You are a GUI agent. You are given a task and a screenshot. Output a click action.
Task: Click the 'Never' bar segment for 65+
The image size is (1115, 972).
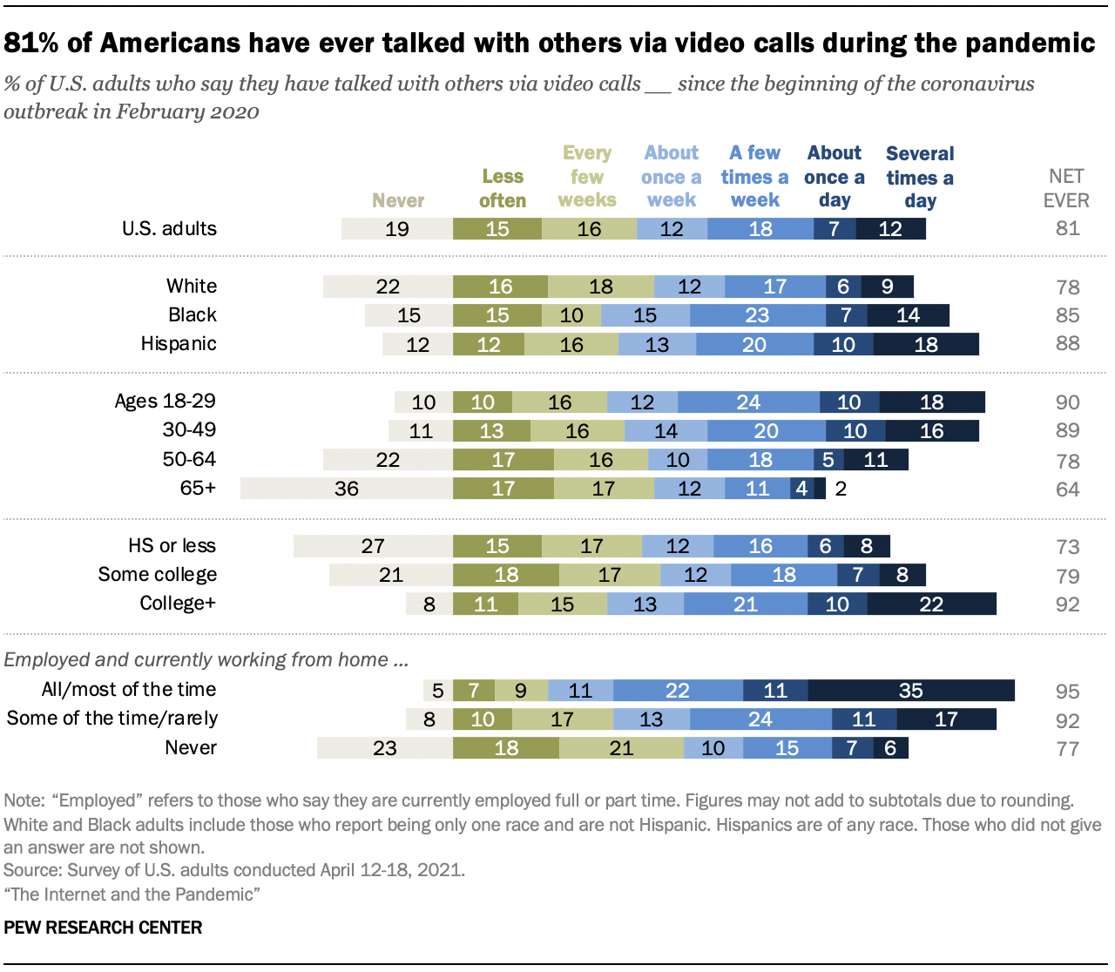[x=346, y=489]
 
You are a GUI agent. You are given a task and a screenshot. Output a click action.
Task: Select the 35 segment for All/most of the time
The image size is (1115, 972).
[x=911, y=691]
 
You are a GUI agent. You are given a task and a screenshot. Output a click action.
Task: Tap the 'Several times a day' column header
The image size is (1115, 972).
[x=920, y=177]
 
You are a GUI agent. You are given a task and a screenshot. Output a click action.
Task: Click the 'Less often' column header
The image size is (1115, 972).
[x=503, y=188]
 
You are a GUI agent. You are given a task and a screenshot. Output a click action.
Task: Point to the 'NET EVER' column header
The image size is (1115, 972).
[x=1066, y=188]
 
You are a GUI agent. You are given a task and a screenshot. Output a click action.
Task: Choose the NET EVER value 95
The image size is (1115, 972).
[x=1067, y=692]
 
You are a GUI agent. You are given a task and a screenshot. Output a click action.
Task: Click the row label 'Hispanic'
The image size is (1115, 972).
[x=179, y=344]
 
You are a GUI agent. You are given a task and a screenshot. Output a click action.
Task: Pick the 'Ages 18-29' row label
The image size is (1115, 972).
[x=166, y=402]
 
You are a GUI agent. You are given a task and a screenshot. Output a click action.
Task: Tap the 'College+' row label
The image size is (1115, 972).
[x=178, y=604]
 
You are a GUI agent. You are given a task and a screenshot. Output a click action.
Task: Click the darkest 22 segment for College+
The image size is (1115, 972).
[x=931, y=604]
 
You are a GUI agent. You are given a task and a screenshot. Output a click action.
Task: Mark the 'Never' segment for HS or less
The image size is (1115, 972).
[x=373, y=546]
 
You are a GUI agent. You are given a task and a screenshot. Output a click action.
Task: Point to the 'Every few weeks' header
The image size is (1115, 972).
[x=587, y=177]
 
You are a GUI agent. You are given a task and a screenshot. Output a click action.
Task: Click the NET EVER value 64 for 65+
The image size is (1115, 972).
[x=1067, y=489]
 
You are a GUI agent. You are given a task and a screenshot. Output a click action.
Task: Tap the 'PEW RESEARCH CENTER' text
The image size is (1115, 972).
[x=103, y=928]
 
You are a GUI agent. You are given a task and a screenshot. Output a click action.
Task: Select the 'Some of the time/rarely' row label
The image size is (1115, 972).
[x=112, y=719]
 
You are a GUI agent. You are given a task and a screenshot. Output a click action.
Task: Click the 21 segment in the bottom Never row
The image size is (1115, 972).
[x=621, y=748]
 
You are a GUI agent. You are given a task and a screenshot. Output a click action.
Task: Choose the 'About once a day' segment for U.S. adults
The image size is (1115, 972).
[x=835, y=229]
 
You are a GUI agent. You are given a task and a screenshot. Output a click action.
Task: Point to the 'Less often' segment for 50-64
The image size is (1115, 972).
[x=503, y=460]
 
